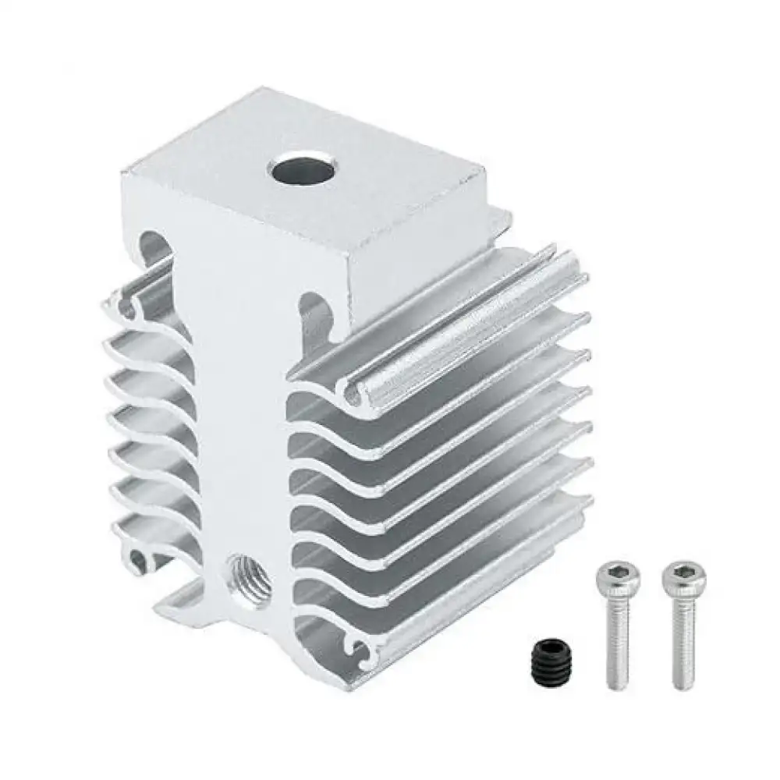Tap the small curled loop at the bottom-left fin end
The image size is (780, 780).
[140, 558]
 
